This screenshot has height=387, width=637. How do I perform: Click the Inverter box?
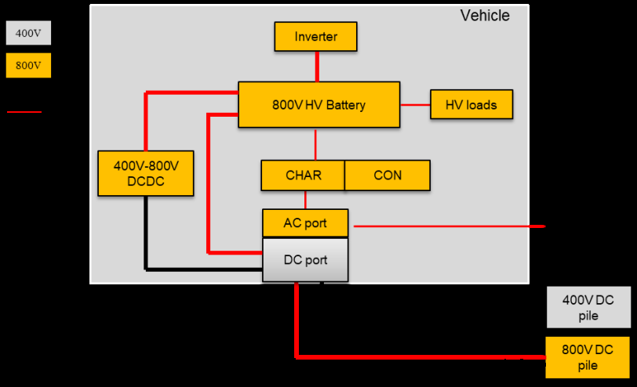[316, 37]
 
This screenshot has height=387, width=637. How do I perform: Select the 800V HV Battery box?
[318, 105]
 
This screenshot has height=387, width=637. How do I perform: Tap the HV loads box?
[471, 105]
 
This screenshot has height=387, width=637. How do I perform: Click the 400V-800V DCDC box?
[146, 173]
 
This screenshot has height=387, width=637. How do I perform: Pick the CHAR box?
[303, 175]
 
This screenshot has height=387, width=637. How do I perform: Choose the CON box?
[388, 175]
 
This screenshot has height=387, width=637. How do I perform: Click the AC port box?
[304, 223]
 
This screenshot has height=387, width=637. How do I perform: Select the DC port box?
[304, 260]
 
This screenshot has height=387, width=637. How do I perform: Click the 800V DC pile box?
[588, 357]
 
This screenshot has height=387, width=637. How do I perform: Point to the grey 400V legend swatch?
[28, 34]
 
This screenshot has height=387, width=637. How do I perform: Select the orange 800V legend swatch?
[28, 66]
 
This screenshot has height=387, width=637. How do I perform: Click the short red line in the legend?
[24, 112]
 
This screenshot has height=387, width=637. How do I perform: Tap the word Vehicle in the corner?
[484, 16]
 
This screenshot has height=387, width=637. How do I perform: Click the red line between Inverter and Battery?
[317, 67]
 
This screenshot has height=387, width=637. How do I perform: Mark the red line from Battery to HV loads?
[415, 104]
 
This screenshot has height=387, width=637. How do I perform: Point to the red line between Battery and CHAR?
[315, 143]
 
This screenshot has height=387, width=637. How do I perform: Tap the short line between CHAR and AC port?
[305, 200]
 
